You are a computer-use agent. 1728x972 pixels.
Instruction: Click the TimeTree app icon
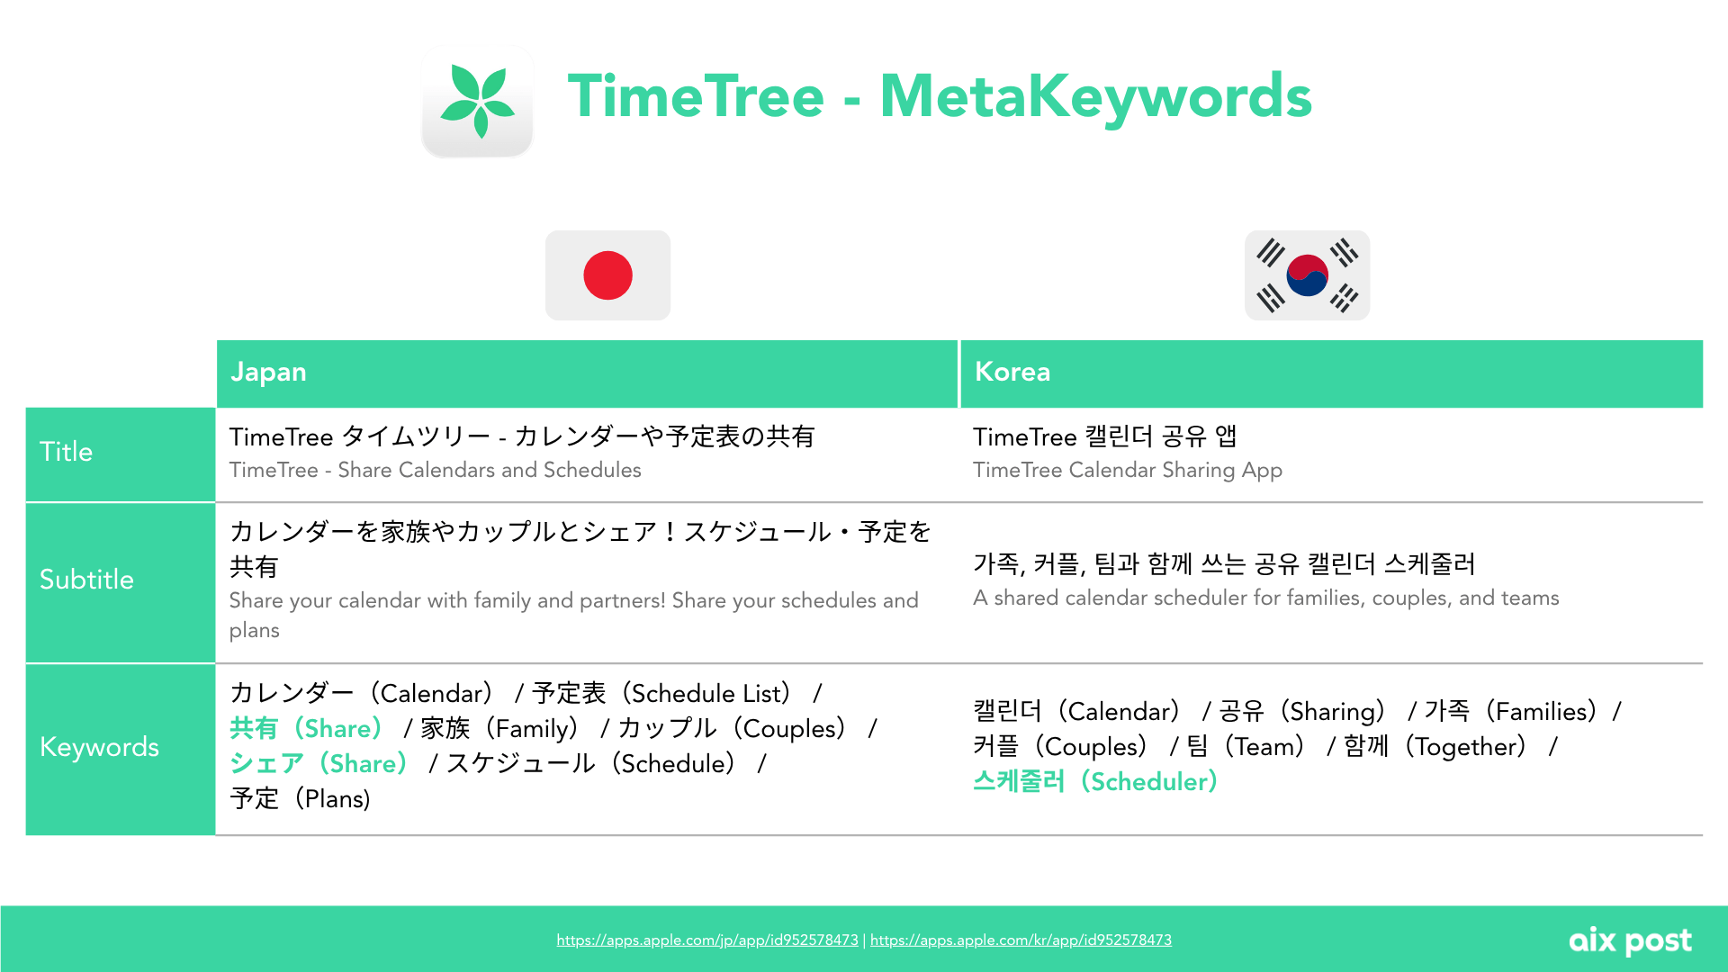click(x=477, y=101)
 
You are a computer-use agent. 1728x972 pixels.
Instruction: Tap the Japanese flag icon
click(x=607, y=275)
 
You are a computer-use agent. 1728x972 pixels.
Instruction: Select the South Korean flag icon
click(x=1307, y=275)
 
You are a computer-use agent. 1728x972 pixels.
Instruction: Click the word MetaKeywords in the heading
click(x=1095, y=96)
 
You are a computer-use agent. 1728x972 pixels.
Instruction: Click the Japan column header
click(x=268, y=372)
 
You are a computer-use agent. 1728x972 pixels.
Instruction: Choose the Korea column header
click(x=1012, y=372)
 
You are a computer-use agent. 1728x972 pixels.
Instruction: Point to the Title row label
click(x=66, y=452)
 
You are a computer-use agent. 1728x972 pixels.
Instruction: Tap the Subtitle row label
click(x=86, y=580)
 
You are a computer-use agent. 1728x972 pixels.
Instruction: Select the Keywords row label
click(x=99, y=747)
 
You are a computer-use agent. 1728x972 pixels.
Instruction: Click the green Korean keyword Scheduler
click(x=1095, y=781)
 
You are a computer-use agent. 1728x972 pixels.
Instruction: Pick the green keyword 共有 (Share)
click(x=306, y=728)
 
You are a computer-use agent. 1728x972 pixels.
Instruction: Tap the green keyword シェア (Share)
click(x=319, y=763)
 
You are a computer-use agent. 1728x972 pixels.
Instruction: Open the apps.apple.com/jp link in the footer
click(x=707, y=940)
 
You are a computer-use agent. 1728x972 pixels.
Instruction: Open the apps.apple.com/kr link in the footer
click(x=1021, y=940)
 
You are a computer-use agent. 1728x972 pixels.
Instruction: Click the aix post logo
click(x=1630, y=941)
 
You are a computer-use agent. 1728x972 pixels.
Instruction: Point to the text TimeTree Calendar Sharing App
click(x=1128, y=470)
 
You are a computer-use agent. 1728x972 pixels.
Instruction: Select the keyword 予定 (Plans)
click(x=300, y=798)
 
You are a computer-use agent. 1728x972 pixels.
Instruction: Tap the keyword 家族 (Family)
click(x=499, y=728)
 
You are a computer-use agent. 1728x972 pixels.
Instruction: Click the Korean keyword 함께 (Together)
click(x=1435, y=746)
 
